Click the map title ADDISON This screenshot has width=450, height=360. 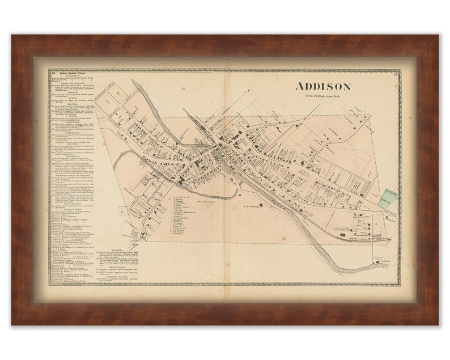pyautogui.click(x=322, y=87)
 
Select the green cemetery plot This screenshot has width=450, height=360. pyautogui.click(x=390, y=199)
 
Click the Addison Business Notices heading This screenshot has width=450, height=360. pyautogui.click(x=71, y=74)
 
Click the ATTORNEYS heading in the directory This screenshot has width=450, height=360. pyautogui.click(x=71, y=77)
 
